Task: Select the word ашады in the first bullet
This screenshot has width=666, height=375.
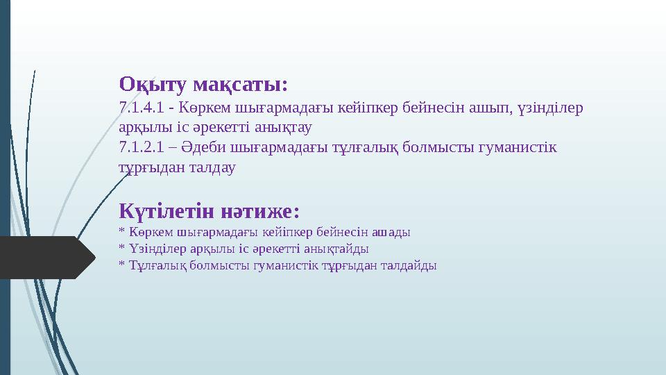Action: tap(392, 231)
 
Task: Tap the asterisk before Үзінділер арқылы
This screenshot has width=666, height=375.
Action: tap(121, 247)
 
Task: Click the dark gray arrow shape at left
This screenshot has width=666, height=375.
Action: tap(46, 257)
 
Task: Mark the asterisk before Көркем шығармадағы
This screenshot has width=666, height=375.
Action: tap(121, 231)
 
